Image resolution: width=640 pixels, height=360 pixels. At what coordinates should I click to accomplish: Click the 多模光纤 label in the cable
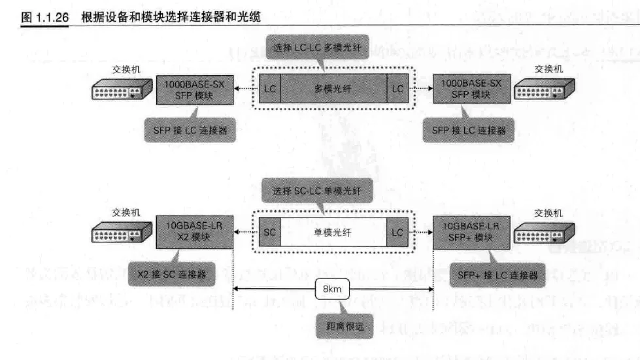pyautogui.click(x=333, y=89)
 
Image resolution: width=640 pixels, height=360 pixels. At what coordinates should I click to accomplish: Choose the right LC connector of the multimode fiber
pyautogui.click(x=397, y=89)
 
